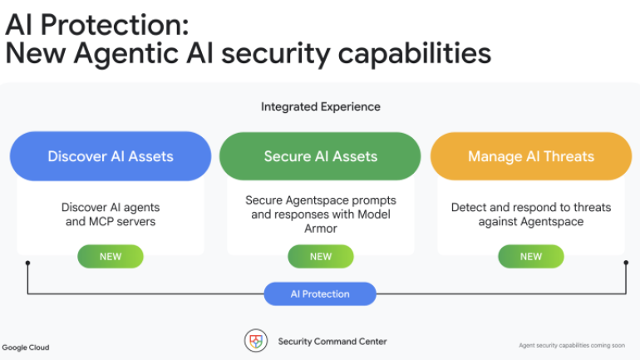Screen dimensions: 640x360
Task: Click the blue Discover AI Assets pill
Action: pos(111,156)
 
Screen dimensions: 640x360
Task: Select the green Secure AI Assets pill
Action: pos(320,156)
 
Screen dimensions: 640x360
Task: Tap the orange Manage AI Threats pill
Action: pos(531,156)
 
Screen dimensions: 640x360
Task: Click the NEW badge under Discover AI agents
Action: pos(111,256)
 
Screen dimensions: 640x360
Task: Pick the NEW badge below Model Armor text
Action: pos(321,256)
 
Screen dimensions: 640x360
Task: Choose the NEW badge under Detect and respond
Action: pos(531,256)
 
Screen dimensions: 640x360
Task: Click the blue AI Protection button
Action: pos(320,293)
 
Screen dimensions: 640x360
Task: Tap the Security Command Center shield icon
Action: pos(256,341)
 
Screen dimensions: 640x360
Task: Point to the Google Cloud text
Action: pos(26,348)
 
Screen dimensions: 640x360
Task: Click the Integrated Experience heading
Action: pos(321,107)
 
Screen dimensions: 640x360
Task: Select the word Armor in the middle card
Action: pos(321,228)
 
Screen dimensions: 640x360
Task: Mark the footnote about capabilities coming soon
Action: pos(572,345)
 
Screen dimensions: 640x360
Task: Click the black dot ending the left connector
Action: pos(27,263)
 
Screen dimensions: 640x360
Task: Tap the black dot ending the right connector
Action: pos(626,263)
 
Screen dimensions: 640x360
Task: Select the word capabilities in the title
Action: pos(415,53)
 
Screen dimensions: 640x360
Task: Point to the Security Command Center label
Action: pos(332,341)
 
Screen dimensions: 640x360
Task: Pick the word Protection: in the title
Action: pos(115,24)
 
